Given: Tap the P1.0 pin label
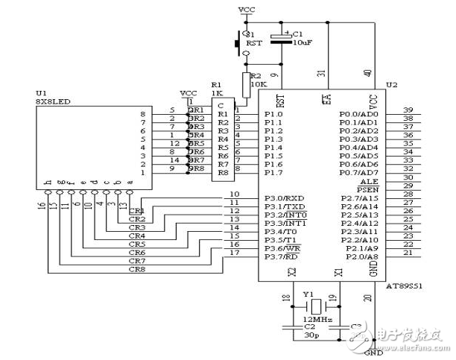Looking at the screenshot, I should (275, 113).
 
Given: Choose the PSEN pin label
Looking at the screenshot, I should (367, 191).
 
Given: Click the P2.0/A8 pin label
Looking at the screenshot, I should (361, 256).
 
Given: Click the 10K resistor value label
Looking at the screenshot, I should (258, 85).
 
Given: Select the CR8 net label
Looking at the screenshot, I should (136, 271).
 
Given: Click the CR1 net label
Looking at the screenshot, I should (136, 211).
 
